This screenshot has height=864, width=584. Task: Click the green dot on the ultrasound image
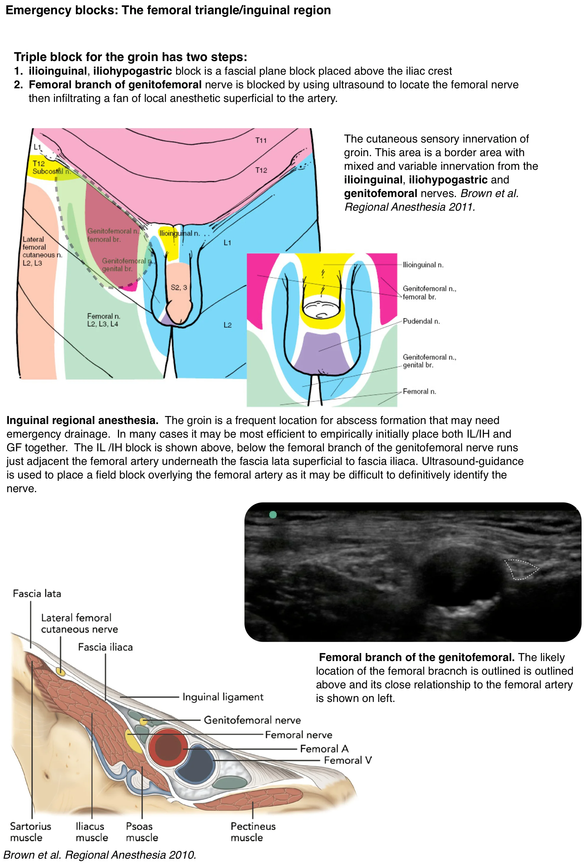pyautogui.click(x=273, y=515)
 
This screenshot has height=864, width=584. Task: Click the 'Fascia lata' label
pyautogui.click(x=37, y=593)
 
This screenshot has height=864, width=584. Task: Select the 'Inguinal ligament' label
pyautogui.click(x=223, y=697)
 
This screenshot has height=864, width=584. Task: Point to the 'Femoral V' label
pyautogui.click(x=348, y=760)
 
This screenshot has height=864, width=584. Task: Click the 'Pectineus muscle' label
pyautogui.click(x=253, y=832)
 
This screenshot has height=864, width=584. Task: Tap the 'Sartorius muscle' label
pyautogui.click(x=30, y=832)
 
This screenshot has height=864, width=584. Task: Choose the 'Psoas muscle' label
pyautogui.click(x=142, y=832)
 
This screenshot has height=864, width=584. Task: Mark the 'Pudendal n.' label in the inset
pyautogui.click(x=421, y=321)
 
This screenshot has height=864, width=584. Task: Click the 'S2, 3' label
pyautogui.click(x=179, y=287)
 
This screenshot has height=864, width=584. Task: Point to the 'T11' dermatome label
pyautogui.click(x=261, y=140)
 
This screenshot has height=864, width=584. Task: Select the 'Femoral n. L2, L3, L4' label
pyautogui.click(x=103, y=320)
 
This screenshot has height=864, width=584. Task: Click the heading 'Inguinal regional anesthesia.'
pyautogui.click(x=83, y=420)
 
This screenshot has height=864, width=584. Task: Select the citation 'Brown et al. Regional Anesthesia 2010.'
pyautogui.click(x=99, y=855)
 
